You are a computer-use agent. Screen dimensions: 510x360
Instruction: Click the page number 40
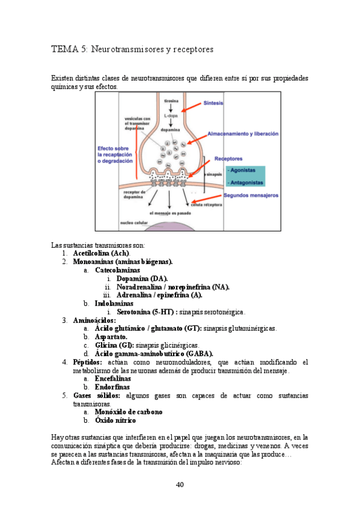click(180, 485)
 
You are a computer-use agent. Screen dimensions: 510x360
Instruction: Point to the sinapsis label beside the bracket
click(214, 174)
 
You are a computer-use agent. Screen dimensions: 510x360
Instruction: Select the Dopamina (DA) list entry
click(142, 278)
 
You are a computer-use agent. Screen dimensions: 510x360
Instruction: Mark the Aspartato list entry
click(111, 337)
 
